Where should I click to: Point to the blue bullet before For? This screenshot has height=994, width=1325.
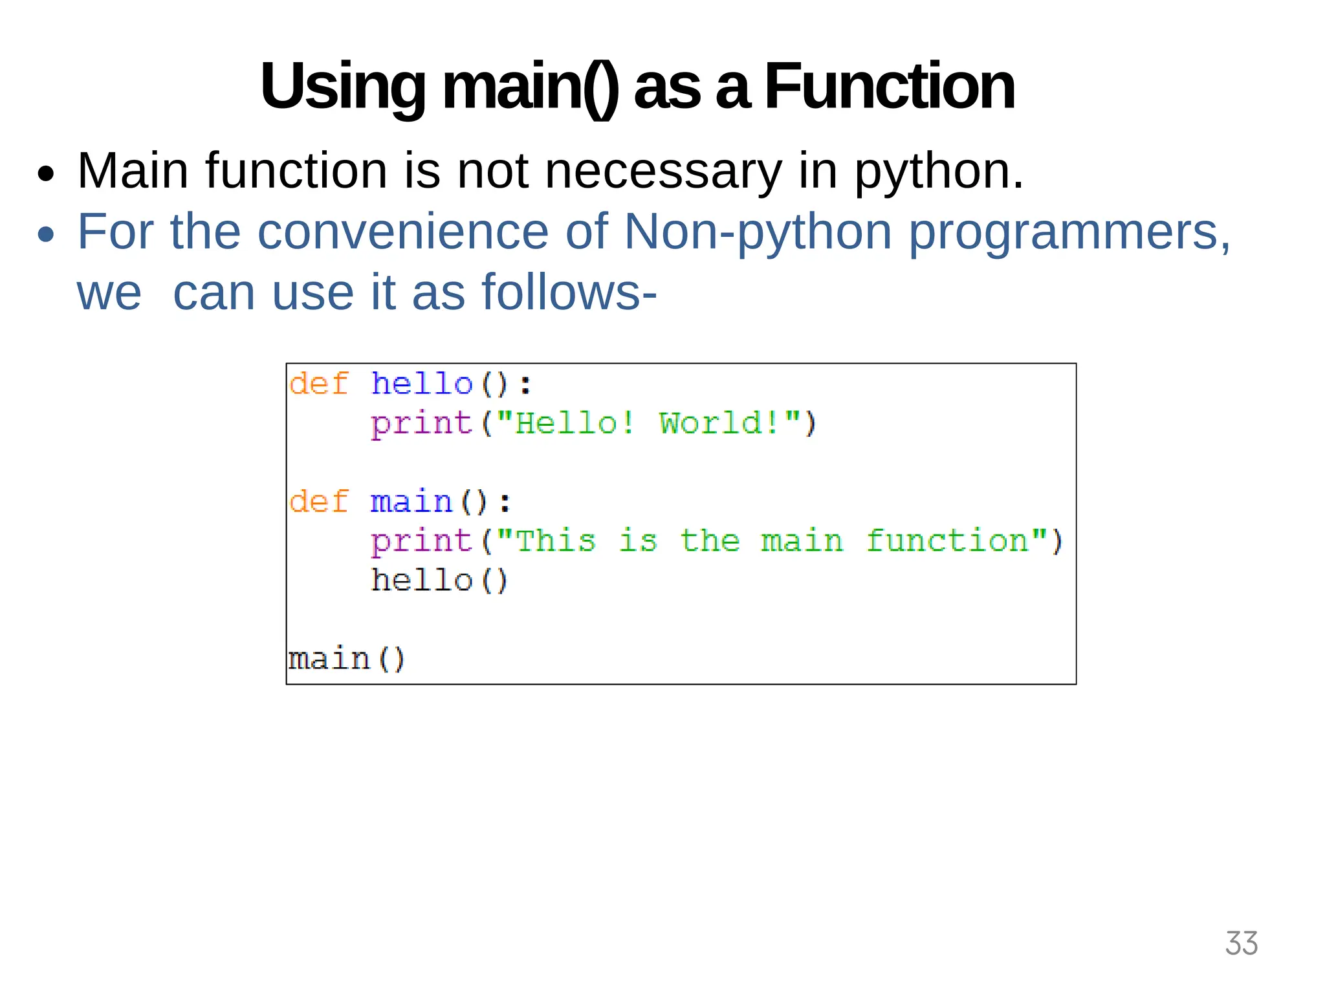[46, 234]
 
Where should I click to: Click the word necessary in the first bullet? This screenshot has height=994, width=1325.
[663, 171]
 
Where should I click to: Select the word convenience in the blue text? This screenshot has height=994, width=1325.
[402, 232]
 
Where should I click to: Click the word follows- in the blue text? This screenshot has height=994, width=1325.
[569, 293]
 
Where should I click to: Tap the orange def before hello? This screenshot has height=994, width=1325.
[319, 384]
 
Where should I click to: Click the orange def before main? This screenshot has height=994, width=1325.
[319, 502]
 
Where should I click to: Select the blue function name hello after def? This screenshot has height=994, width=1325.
[422, 384]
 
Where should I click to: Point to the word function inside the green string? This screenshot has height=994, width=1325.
[947, 541]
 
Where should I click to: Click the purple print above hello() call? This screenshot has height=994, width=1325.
[422, 541]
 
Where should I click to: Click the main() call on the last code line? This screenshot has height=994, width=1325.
[347, 659]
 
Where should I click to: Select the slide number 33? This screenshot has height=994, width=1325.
[1241, 944]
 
